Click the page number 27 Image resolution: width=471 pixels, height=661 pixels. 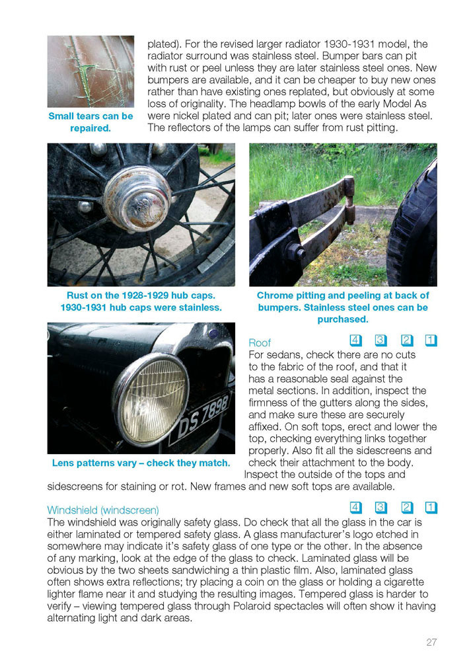431,642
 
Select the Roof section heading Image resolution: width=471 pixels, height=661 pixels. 260,342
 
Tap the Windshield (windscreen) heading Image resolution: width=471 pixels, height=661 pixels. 103,510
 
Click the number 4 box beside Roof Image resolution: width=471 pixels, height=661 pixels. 356,340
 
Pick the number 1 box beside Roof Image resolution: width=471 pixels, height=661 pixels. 431,340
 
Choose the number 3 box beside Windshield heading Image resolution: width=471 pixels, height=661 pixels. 381,507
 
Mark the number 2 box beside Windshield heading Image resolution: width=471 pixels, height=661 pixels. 407,507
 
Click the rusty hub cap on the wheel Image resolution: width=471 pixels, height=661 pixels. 137,199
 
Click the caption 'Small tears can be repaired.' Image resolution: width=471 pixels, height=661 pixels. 91,122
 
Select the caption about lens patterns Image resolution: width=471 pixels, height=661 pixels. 141,463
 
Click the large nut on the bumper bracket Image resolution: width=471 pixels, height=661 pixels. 296,253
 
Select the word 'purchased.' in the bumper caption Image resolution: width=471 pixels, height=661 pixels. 343,319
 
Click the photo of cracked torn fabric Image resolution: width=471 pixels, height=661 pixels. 91,71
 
